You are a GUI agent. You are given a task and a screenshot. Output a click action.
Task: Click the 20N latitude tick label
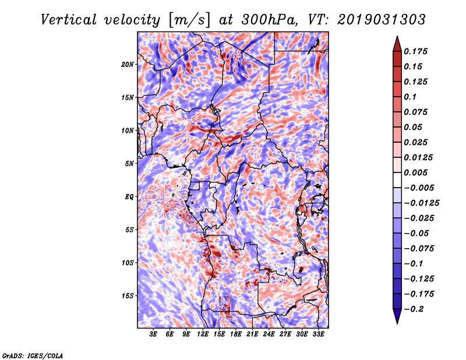[128, 64]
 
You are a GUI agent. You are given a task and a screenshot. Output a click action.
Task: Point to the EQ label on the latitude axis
[129, 197]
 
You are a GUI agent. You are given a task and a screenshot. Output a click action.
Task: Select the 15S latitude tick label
[128, 296]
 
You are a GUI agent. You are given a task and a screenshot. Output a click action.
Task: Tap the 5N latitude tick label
[129, 164]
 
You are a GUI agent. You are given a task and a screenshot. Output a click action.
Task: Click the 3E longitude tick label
[154, 335]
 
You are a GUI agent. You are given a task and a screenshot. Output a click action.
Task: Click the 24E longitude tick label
[269, 335]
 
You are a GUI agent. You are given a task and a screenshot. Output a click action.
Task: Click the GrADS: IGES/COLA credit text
[33, 355]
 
